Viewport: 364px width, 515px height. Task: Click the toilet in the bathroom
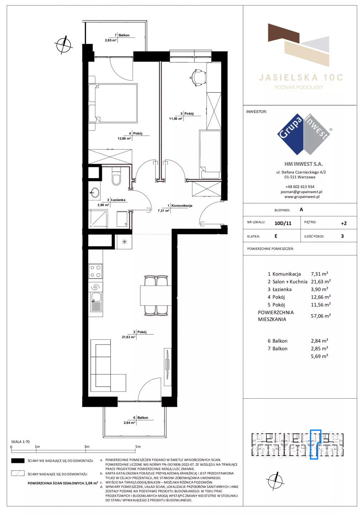click(116, 177)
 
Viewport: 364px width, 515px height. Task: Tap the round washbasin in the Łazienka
click(95, 192)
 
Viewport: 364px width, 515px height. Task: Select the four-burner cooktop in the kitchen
click(95, 271)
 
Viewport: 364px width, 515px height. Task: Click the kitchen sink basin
click(96, 297)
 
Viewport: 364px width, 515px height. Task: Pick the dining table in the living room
click(156, 295)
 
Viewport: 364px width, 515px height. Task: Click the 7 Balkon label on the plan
click(122, 35)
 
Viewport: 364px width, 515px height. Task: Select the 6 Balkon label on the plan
click(141, 417)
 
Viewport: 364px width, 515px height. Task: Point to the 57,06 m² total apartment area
click(321, 316)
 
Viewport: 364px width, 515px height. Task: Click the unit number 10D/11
click(282, 223)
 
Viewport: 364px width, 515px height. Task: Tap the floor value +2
click(344, 223)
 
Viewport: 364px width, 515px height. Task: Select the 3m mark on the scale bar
click(87, 446)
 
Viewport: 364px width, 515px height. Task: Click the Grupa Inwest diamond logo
click(304, 134)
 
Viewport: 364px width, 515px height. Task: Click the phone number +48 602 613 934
click(300, 187)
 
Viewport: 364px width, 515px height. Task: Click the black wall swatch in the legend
click(18, 461)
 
